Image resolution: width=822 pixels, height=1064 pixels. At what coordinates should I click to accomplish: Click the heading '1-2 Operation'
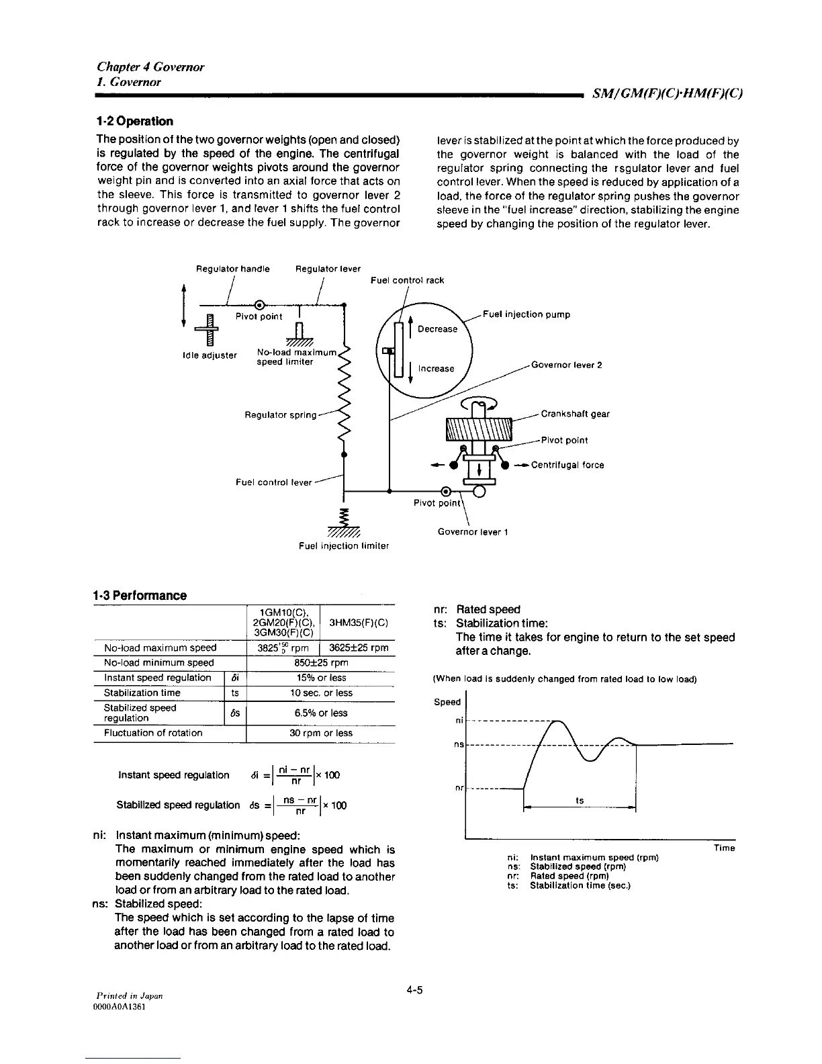(134, 122)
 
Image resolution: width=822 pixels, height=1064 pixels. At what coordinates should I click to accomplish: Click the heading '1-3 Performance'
(140, 596)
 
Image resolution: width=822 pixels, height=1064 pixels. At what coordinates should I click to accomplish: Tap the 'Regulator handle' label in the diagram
(232, 269)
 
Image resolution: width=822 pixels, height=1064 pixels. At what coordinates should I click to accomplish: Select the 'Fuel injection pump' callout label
(527, 314)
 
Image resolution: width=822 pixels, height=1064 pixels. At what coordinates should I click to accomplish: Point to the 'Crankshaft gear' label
(575, 414)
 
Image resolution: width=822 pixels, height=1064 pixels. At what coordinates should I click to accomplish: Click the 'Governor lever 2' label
(566, 365)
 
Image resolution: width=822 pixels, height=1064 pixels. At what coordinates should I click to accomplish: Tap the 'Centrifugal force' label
(567, 465)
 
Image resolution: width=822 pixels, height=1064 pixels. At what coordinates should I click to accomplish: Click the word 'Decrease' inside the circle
(437, 329)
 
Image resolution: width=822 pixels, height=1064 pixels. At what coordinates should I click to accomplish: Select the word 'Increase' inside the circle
(436, 369)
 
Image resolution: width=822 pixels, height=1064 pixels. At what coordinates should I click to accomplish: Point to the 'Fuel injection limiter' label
(344, 546)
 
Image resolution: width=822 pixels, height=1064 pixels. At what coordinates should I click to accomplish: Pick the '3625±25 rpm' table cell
(359, 648)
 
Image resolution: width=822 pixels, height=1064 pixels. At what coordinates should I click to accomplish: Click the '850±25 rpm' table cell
(320, 663)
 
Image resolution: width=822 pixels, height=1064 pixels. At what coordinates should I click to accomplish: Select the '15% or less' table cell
(320, 678)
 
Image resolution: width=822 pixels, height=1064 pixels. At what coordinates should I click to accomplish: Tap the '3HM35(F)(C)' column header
(359, 623)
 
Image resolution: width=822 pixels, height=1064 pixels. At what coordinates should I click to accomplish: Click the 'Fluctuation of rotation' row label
(153, 733)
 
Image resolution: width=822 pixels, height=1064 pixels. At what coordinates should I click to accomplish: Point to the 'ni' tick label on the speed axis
(459, 721)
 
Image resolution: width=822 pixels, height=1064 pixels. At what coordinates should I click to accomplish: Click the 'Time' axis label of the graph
(724, 848)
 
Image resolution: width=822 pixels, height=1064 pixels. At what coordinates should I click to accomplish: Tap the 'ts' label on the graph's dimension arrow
(580, 801)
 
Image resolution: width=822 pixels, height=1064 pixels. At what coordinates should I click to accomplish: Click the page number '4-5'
(414, 991)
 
